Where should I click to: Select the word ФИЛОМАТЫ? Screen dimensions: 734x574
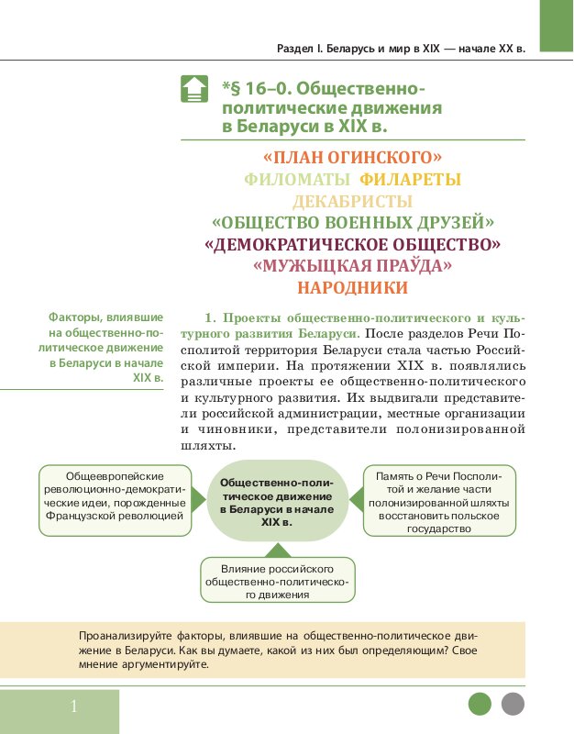point(297,179)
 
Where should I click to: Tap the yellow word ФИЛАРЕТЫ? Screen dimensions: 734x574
point(410,179)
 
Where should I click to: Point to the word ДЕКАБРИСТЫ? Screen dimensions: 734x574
point(352,201)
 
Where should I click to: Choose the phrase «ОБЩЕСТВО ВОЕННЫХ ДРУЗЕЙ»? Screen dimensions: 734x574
point(352,223)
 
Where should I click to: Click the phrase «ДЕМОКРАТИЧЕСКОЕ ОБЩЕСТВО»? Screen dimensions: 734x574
point(352,245)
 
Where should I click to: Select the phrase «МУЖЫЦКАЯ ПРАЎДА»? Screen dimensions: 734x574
point(352,266)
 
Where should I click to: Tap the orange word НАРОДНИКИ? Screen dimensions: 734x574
point(352,288)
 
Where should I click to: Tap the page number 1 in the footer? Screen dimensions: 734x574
point(73,706)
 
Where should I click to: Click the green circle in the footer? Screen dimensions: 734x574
point(480,705)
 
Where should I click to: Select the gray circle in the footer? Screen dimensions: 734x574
point(513,705)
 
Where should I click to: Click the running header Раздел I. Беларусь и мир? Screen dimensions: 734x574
point(401,49)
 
